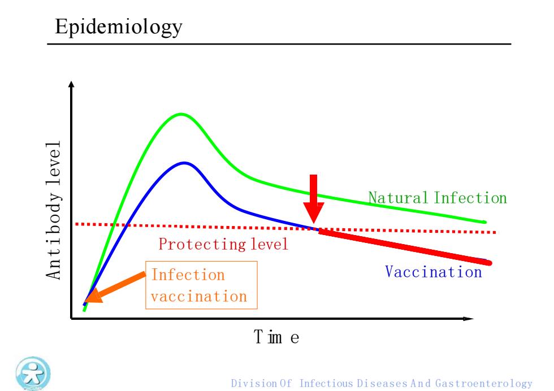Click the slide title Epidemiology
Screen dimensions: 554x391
119,27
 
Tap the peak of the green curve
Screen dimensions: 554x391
181,114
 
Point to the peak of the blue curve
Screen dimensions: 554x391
184,163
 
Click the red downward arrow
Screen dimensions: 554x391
313,198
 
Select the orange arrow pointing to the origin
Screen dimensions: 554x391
115,287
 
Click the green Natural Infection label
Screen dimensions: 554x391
438,198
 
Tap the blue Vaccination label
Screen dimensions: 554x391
434,272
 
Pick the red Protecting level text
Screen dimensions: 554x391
223,244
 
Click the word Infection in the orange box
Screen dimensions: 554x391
188,275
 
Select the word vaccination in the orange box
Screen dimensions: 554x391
199,296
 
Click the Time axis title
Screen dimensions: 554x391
276,337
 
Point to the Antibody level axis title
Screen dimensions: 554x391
54,211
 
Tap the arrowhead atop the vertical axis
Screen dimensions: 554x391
71,84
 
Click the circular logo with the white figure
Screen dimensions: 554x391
33,373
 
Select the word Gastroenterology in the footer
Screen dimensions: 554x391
484,384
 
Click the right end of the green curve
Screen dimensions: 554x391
485,222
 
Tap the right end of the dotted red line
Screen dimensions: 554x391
495,232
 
